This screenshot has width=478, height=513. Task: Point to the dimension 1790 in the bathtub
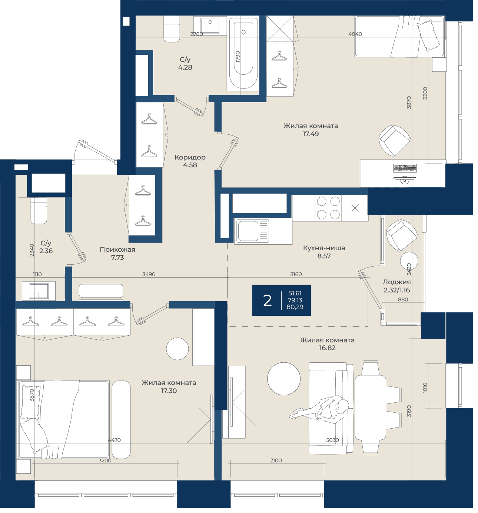pyautogui.click(x=239, y=57)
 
